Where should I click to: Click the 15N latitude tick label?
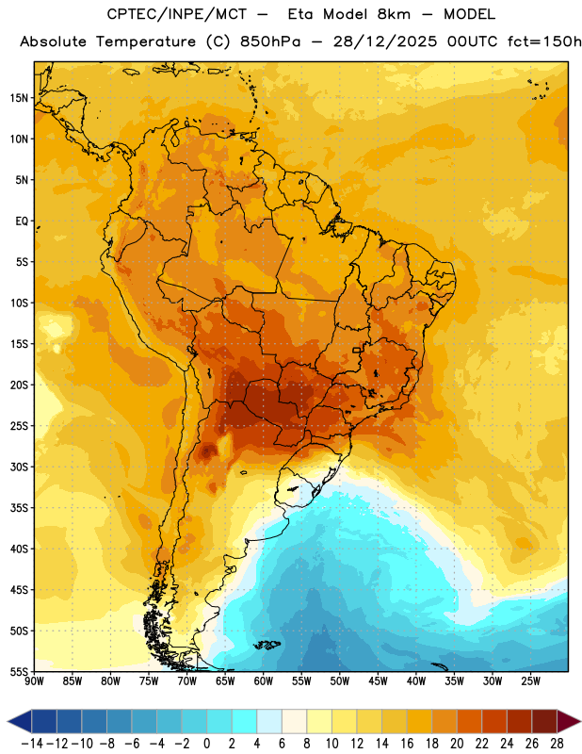pyautogui.click(x=19, y=98)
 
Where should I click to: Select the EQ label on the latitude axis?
pyautogui.click(x=22, y=221)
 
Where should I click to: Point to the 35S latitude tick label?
pyautogui.click(x=19, y=508)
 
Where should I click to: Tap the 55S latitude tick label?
pyautogui.click(x=19, y=672)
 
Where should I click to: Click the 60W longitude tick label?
pyautogui.click(x=264, y=681)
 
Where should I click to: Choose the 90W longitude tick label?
pyautogui.click(x=34, y=681)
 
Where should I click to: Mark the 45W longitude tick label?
pyautogui.click(x=378, y=681)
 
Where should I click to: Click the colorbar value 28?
pyautogui.click(x=557, y=744)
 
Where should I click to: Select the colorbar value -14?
pyautogui.click(x=32, y=744)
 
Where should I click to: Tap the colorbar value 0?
pyautogui.click(x=206, y=744)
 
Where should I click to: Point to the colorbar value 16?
pyautogui.click(x=407, y=744)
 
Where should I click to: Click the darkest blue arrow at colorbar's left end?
pyautogui.click(x=20, y=721)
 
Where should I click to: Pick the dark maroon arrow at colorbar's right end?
pyautogui.click(x=569, y=721)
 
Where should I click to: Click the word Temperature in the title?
pyautogui.click(x=146, y=41)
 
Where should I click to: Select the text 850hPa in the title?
pyautogui.click(x=270, y=41)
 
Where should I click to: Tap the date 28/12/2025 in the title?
pyautogui.click(x=385, y=41)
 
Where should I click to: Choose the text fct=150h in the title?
pyautogui.click(x=544, y=41)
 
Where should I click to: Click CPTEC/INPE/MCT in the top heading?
pyautogui.click(x=177, y=14)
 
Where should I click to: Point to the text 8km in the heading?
pyautogui.click(x=394, y=14)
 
